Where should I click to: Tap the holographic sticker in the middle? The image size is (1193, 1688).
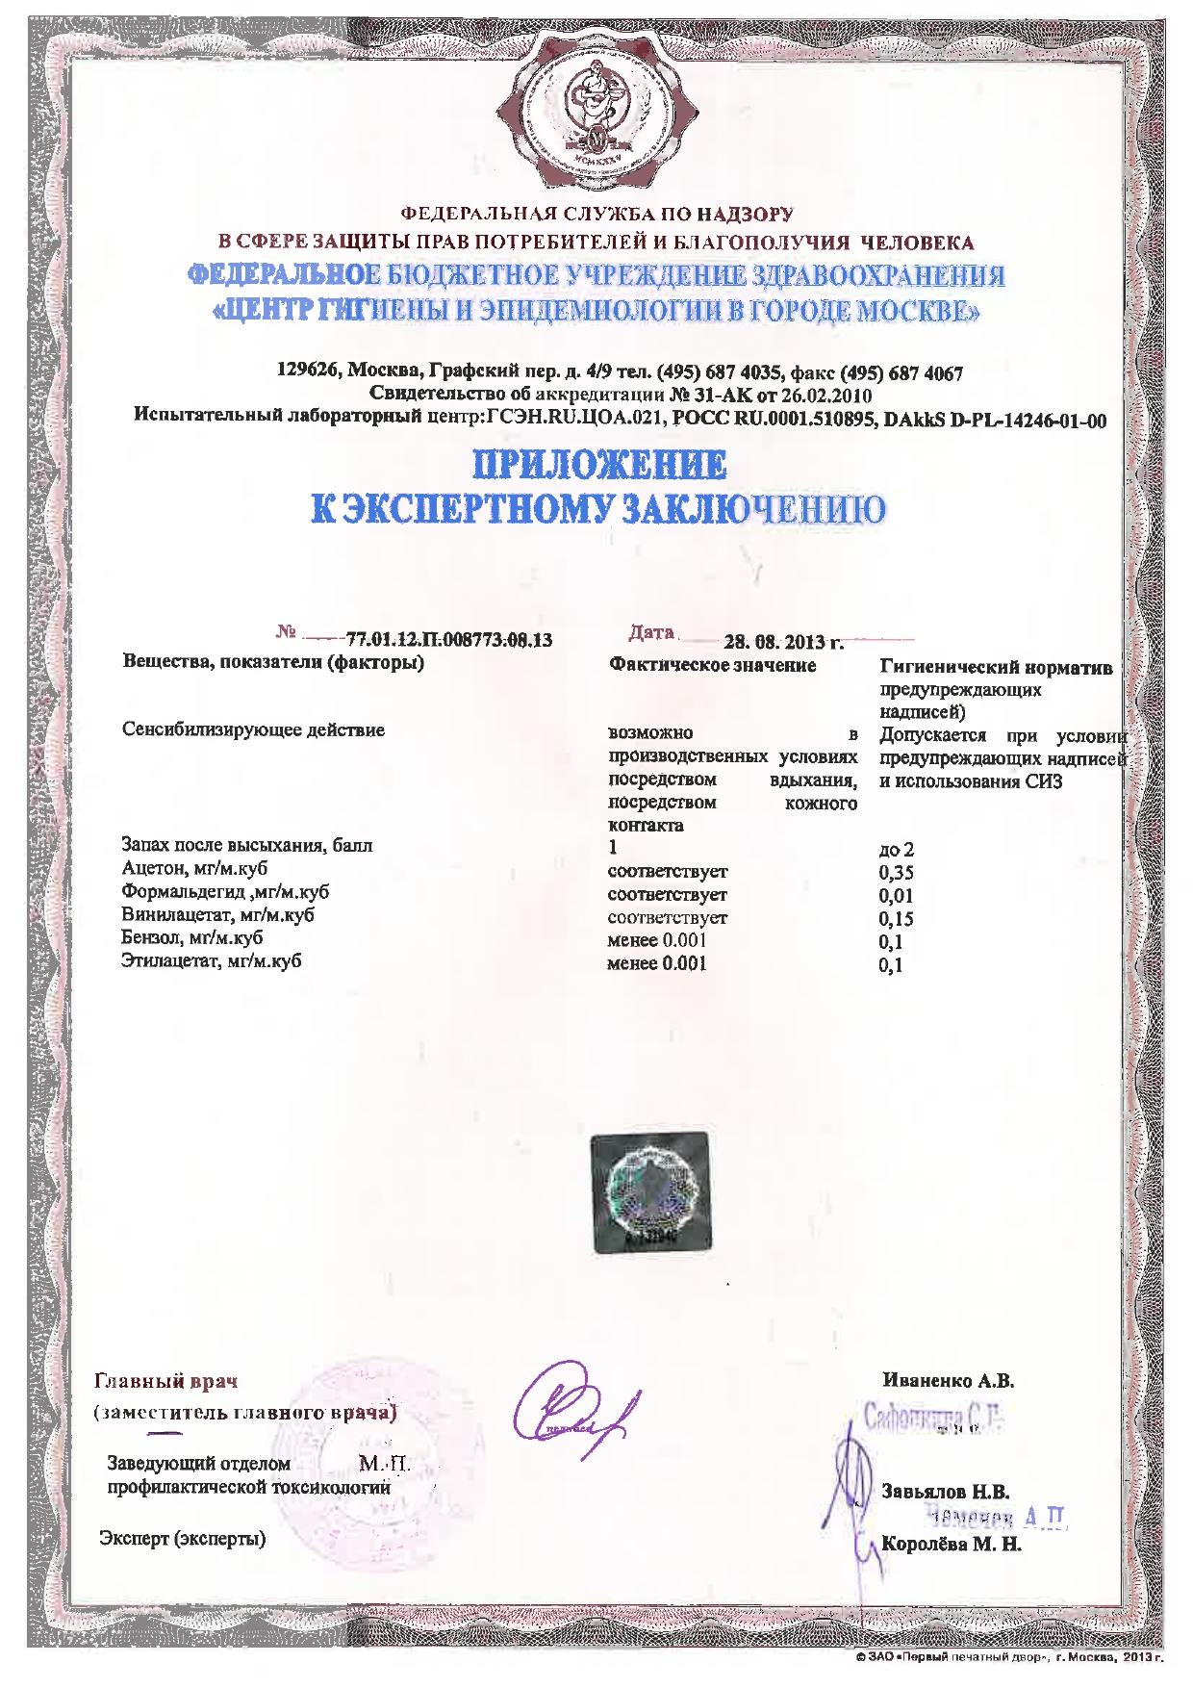650,1191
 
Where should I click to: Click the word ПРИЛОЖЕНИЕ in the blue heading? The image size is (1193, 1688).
597,467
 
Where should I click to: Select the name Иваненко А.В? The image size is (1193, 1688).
948,1380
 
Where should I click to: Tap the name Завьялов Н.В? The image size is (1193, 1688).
945,1493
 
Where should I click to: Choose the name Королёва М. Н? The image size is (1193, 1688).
951,1545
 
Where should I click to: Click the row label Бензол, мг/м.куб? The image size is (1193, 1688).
192,937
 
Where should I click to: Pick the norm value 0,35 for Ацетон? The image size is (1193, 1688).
896,873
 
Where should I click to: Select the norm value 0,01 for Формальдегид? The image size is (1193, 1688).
896,896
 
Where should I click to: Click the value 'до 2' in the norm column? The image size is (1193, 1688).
896,850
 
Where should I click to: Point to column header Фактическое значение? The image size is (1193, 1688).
713,665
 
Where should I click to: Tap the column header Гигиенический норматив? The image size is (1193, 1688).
997,667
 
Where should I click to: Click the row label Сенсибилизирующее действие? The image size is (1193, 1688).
253,729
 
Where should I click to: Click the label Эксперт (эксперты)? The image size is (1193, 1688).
183,1538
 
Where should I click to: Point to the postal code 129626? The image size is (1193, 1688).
307,372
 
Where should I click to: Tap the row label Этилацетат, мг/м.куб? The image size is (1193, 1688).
205,960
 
